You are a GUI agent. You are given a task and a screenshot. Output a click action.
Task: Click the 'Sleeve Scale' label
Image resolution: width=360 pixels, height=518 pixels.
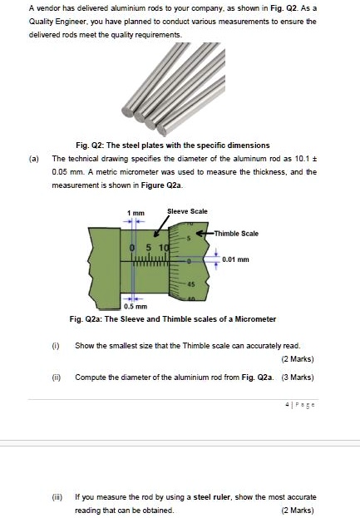click(x=187, y=211)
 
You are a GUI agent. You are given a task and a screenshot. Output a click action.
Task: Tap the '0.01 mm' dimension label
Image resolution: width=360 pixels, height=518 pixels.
click(x=234, y=259)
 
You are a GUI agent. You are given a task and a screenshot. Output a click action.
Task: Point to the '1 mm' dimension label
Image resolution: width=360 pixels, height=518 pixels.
click(x=133, y=214)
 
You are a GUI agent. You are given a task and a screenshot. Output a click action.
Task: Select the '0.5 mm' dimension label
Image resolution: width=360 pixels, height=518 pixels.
click(x=135, y=307)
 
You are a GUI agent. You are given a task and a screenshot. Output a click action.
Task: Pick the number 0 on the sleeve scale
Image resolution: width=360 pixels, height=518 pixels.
click(x=133, y=248)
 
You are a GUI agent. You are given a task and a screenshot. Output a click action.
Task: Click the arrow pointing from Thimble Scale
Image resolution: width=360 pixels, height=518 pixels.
click(x=207, y=234)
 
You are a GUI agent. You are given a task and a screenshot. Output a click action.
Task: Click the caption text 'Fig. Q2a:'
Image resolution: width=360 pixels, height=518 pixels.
click(x=87, y=319)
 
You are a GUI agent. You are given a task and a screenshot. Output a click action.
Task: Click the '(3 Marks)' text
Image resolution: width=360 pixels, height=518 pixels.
click(x=297, y=376)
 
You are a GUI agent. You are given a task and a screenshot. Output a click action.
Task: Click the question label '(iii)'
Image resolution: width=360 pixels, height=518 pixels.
click(x=55, y=496)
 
